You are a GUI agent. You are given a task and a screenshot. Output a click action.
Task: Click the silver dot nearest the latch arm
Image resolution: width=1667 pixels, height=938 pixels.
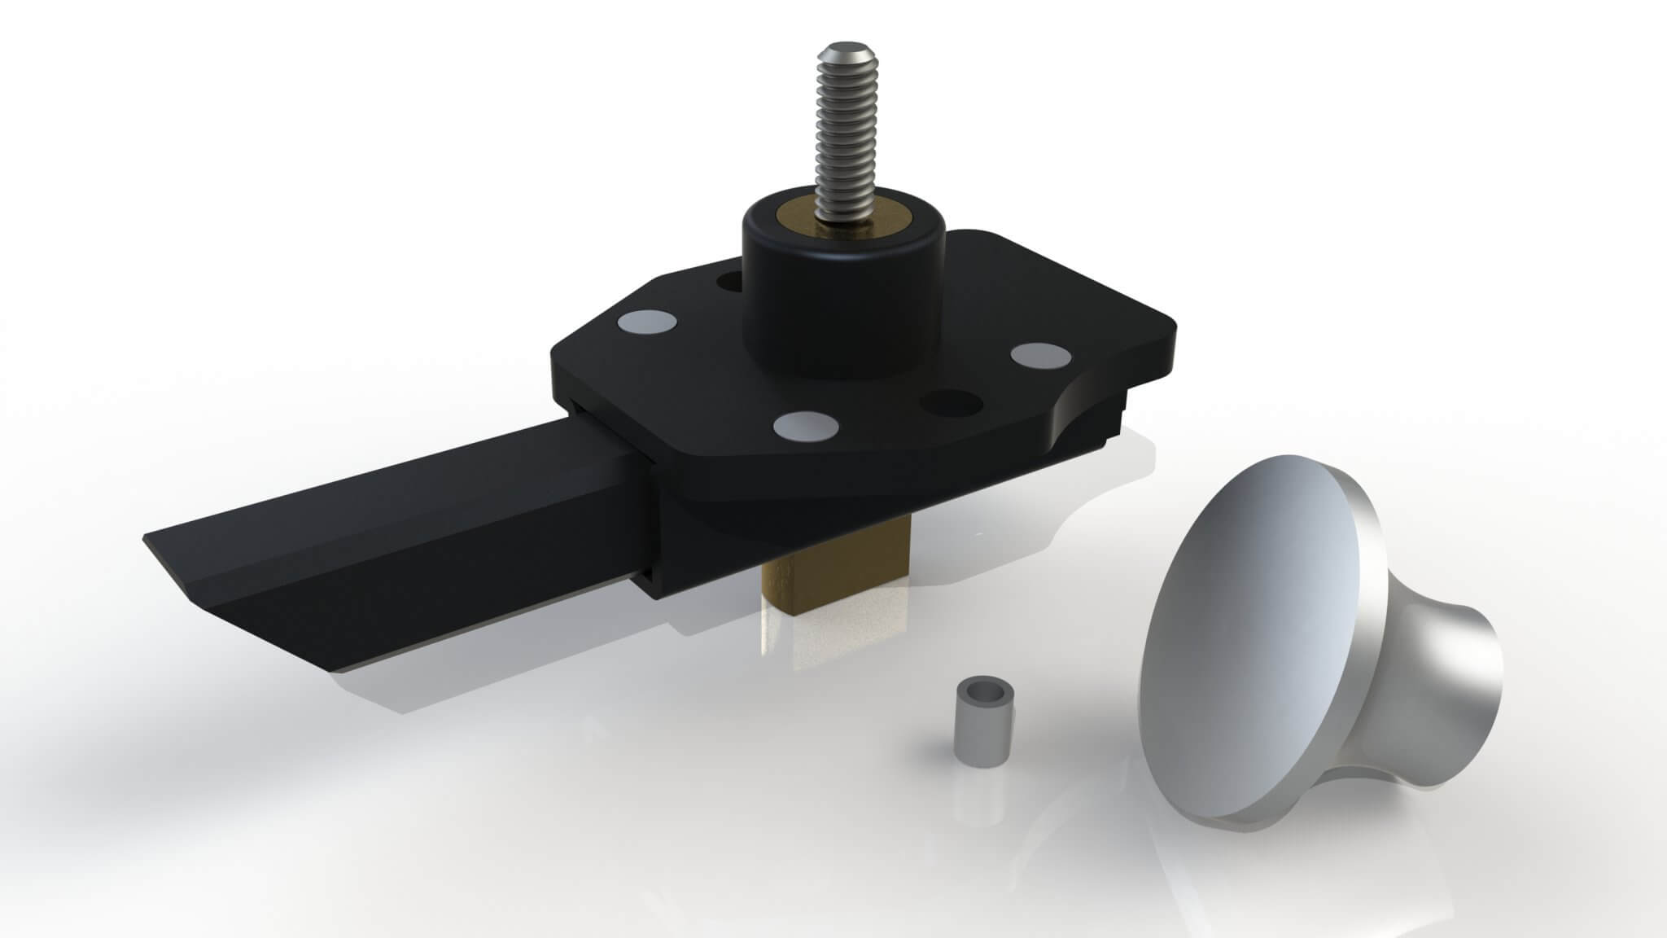(x=645, y=323)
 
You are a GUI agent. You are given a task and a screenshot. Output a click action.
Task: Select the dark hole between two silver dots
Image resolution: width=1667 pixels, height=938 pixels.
(x=949, y=402)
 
